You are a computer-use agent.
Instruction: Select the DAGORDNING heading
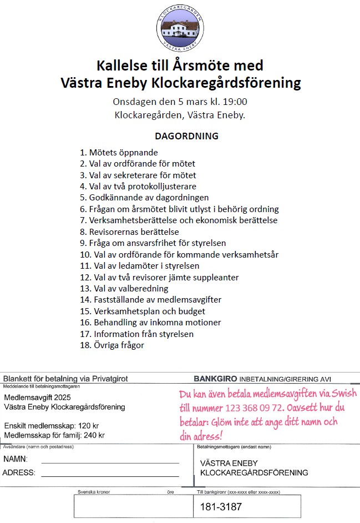tap(186, 136)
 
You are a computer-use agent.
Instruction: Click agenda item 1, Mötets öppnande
tap(119, 152)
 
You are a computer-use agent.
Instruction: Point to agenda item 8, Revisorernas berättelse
tap(130, 232)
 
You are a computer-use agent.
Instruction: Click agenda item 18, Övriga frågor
tap(112, 345)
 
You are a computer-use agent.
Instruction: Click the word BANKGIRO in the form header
tap(215, 379)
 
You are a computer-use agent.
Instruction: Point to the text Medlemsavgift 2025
tap(38, 398)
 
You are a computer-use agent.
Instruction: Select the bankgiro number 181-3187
tap(221, 506)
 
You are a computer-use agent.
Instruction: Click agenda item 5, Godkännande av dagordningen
tap(144, 198)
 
